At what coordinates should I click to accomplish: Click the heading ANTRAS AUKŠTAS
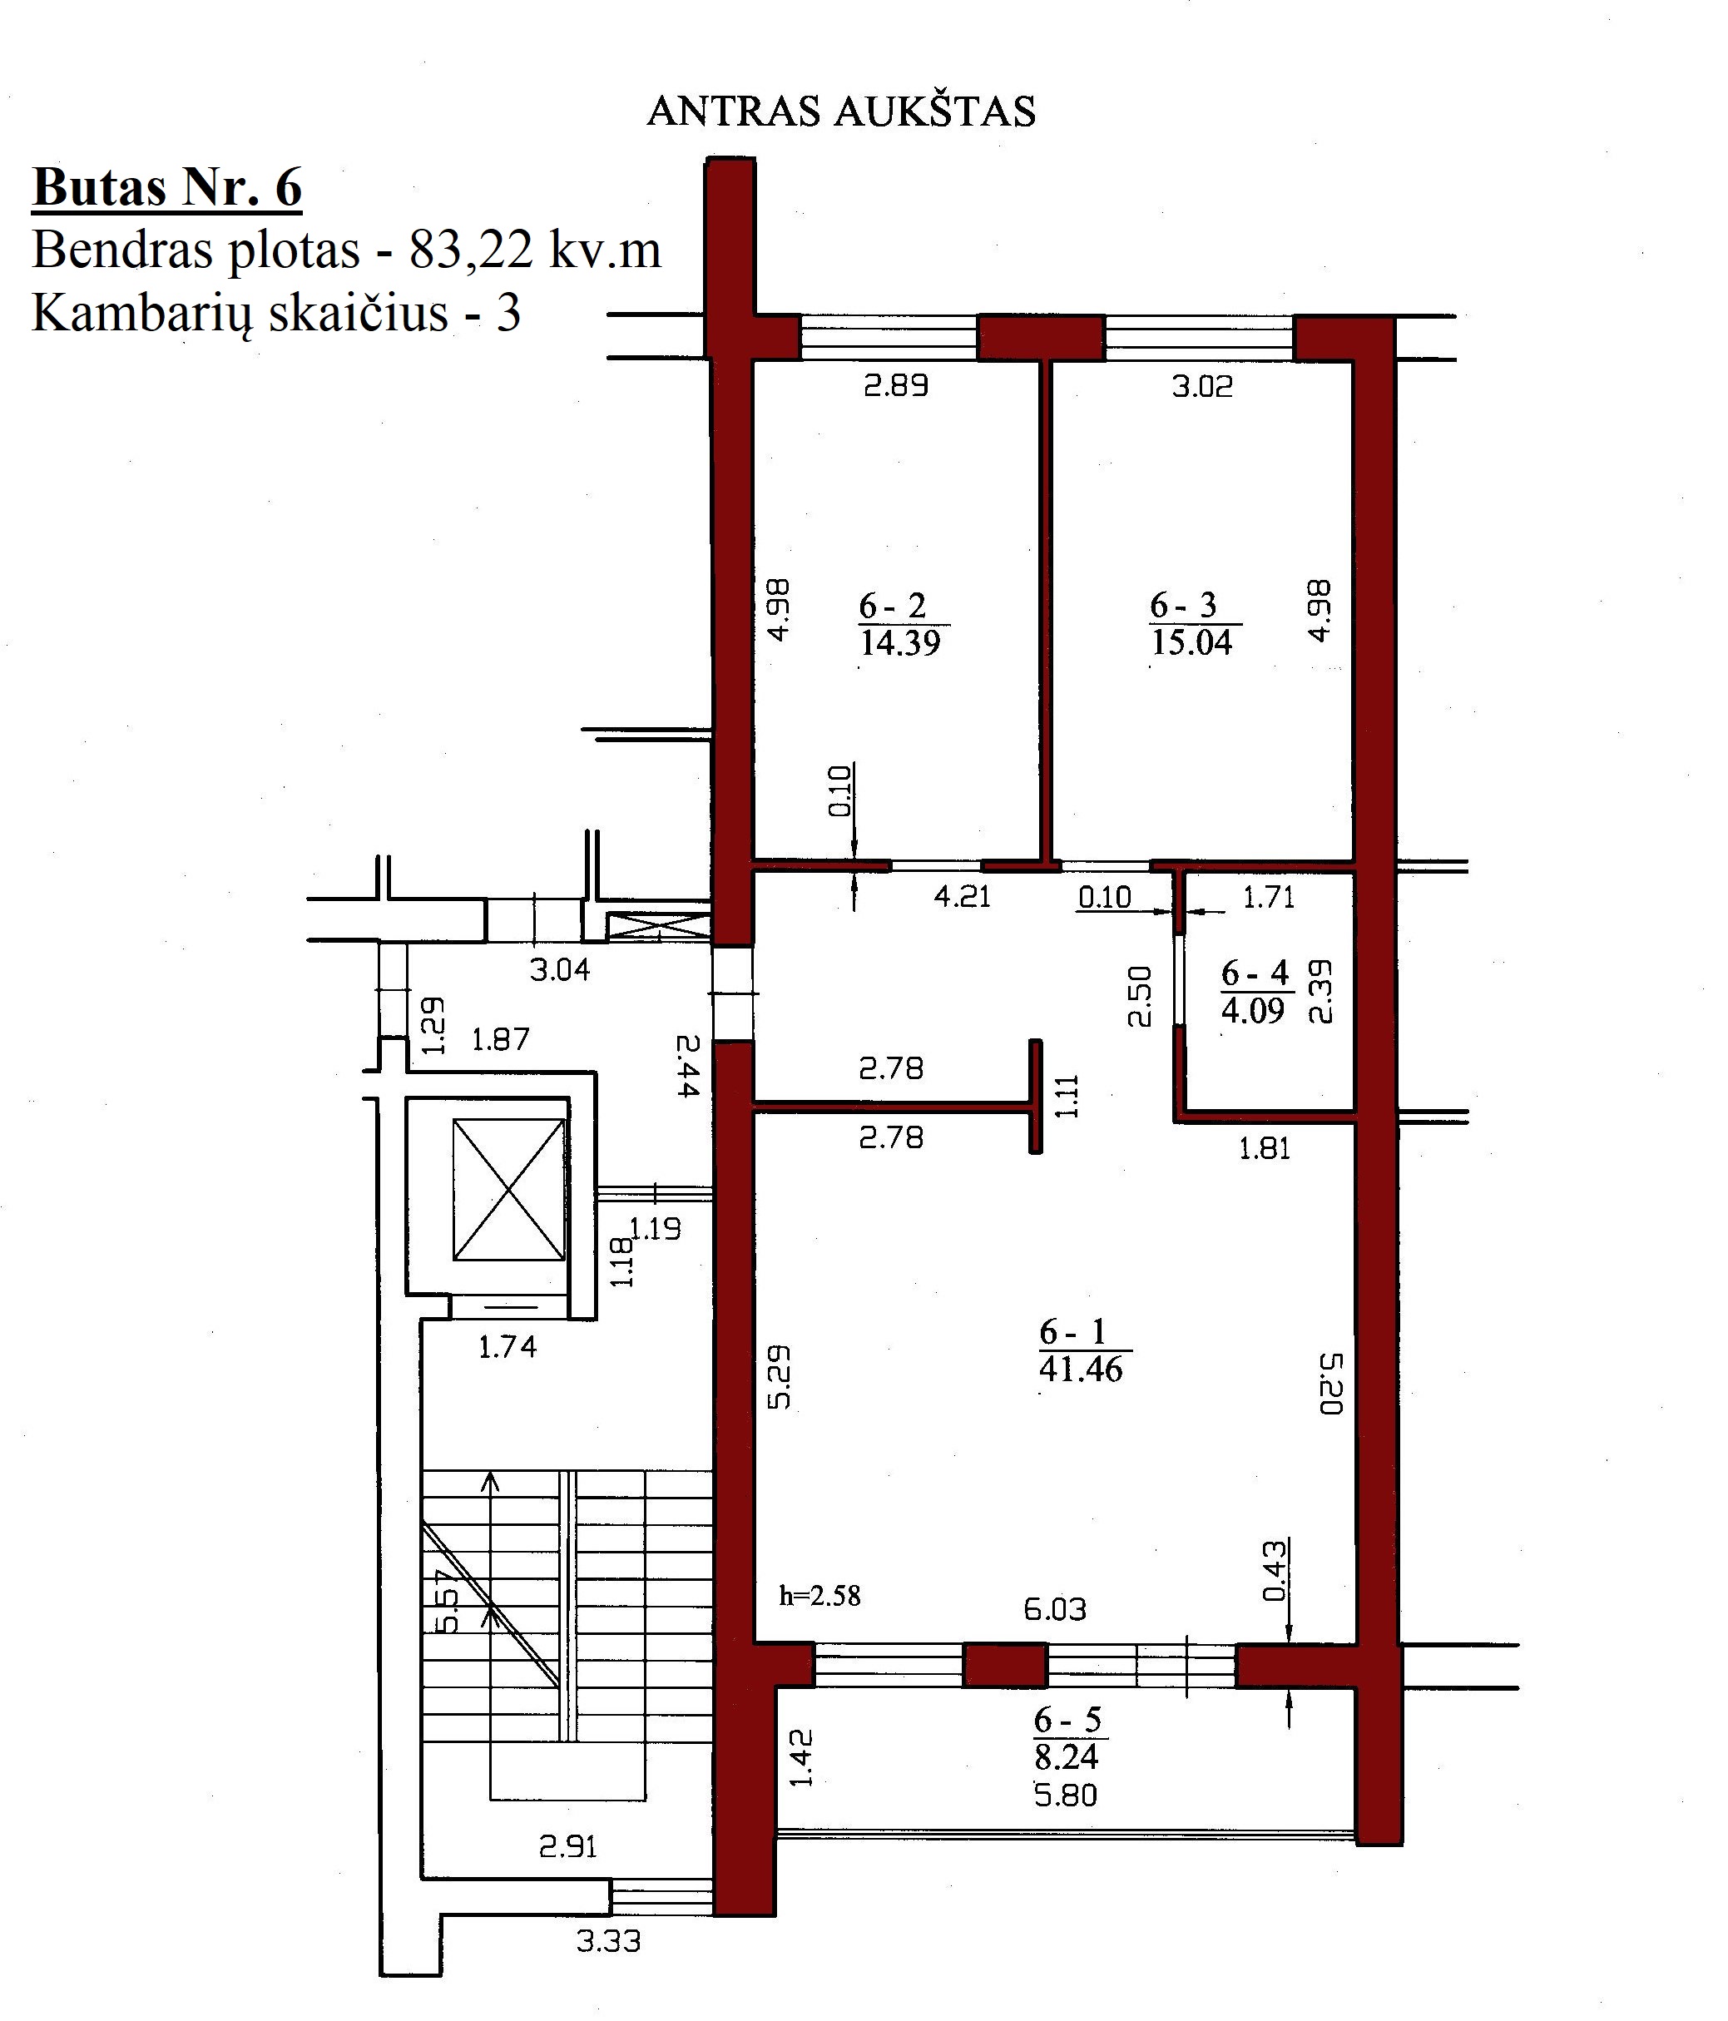840,112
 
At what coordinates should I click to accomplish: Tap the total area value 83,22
472,251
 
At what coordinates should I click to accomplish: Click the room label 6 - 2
892,606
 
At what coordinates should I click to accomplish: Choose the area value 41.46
1081,1370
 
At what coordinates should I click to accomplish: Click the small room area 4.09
1253,1010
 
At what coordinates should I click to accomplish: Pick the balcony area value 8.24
1066,1756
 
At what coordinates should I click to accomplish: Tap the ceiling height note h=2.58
820,1597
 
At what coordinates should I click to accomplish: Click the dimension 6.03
1055,1608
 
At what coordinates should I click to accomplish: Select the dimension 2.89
896,385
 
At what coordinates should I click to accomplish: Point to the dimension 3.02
1202,386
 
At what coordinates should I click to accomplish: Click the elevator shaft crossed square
509,1189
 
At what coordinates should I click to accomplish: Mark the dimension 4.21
963,895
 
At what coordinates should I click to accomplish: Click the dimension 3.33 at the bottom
608,1941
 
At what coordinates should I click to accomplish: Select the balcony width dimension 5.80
1066,1795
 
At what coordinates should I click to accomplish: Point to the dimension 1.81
1265,1148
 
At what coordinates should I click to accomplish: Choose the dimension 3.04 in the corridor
560,969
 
